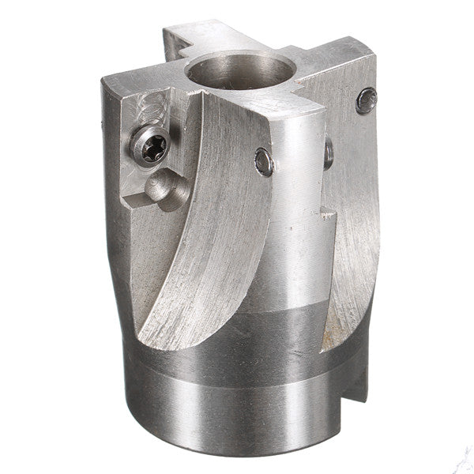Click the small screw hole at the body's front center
tap(265, 163)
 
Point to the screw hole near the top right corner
tap(367, 99)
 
